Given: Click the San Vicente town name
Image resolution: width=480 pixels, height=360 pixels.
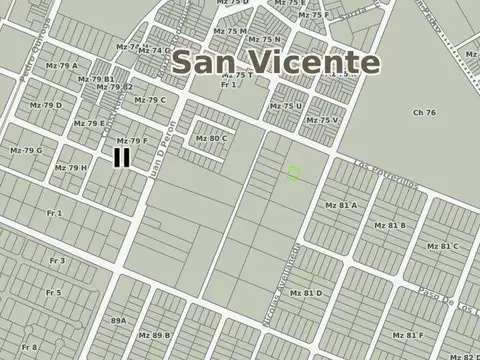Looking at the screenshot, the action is (x=275, y=62).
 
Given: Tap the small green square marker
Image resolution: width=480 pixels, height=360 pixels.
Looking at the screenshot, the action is (x=294, y=174).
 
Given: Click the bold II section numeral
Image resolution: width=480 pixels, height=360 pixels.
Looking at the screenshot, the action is (x=121, y=157).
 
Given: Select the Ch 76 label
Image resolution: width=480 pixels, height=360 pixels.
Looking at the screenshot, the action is (x=424, y=113).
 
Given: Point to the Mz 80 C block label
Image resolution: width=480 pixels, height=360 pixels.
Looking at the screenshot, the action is (x=211, y=139).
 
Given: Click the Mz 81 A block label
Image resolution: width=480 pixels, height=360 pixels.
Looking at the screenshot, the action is (x=341, y=205).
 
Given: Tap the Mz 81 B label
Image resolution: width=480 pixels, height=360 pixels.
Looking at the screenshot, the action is (x=389, y=226).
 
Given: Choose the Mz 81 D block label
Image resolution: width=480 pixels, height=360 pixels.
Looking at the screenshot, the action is (x=306, y=293).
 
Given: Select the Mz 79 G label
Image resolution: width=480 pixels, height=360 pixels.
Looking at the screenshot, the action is (x=26, y=150).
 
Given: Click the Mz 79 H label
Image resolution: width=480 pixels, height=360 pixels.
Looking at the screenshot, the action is (x=71, y=167).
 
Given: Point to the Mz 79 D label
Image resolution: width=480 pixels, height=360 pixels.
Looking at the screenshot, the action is (x=45, y=105).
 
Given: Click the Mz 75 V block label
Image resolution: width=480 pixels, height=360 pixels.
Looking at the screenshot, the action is (x=322, y=120).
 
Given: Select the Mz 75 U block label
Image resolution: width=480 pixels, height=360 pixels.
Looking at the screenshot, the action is (x=285, y=105).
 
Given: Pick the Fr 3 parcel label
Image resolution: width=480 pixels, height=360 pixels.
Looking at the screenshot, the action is (x=56, y=261).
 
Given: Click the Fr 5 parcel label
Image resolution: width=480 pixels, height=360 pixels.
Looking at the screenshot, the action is (x=53, y=293).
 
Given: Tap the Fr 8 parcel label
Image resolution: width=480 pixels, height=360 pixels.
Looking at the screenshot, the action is (x=28, y=346).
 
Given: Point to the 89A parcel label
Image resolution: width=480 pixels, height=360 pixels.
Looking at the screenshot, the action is (x=118, y=320).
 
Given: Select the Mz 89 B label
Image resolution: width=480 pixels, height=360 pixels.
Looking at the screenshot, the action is (x=155, y=336).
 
